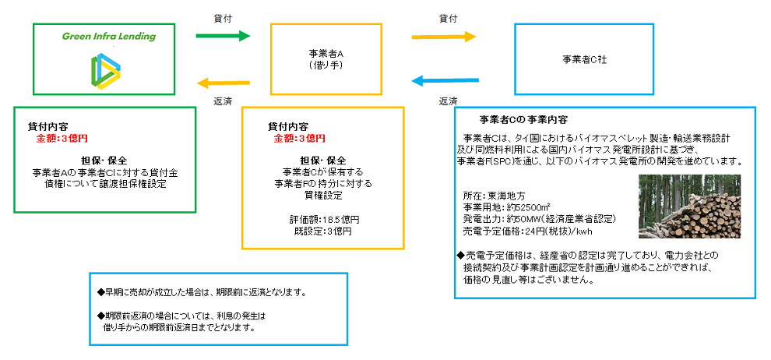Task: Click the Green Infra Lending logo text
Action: click(x=108, y=37)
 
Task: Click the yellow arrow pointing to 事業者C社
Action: click(x=443, y=37)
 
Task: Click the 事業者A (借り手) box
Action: click(x=326, y=59)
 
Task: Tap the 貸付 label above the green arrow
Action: click(x=222, y=16)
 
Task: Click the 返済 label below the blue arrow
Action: click(x=448, y=101)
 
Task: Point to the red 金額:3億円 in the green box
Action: click(x=62, y=138)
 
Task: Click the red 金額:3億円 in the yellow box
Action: click(x=299, y=138)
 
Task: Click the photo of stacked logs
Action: click(x=689, y=206)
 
